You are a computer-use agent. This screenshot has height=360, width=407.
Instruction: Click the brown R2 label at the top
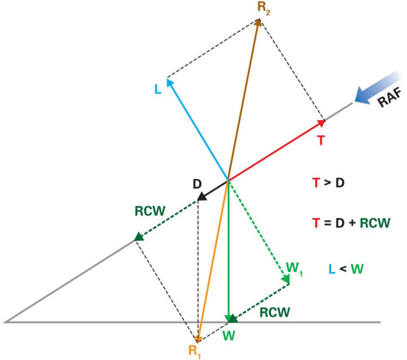pyautogui.click(x=264, y=8)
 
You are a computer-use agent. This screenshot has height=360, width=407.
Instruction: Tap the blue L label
pyautogui.click(x=158, y=90)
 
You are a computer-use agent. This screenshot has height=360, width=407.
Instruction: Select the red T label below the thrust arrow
pyautogui.click(x=321, y=141)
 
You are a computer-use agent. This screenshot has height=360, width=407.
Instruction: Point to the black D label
pyautogui.click(x=197, y=184)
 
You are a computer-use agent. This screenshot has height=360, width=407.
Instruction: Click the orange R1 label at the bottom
pyautogui.click(x=194, y=352)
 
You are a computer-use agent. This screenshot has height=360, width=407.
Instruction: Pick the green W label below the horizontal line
pyautogui.click(x=229, y=336)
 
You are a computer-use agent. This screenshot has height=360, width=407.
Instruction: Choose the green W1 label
pyautogui.click(x=294, y=269)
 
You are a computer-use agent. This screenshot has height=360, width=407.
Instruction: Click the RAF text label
pyautogui.click(x=390, y=98)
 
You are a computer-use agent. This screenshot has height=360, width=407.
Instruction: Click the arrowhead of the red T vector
pyautogui.click(x=321, y=122)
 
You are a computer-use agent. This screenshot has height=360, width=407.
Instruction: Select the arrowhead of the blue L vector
pyautogui.click(x=169, y=82)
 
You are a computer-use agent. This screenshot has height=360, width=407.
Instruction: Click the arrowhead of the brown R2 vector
pyautogui.click(x=258, y=22)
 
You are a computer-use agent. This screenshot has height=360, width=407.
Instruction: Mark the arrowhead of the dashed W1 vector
pyautogui.click(x=286, y=279)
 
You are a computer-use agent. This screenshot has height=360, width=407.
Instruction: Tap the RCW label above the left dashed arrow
pyautogui.click(x=150, y=211)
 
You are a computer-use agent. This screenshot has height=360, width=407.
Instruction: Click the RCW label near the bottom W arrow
pyautogui.click(x=275, y=312)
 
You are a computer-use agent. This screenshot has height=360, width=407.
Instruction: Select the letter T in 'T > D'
pyautogui.click(x=316, y=183)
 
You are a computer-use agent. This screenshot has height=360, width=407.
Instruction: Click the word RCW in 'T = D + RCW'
pyautogui.click(x=375, y=223)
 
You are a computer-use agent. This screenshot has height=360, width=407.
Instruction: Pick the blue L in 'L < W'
pyautogui.click(x=332, y=269)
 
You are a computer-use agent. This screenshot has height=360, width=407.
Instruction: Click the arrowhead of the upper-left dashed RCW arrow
pyautogui.click(x=139, y=237)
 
